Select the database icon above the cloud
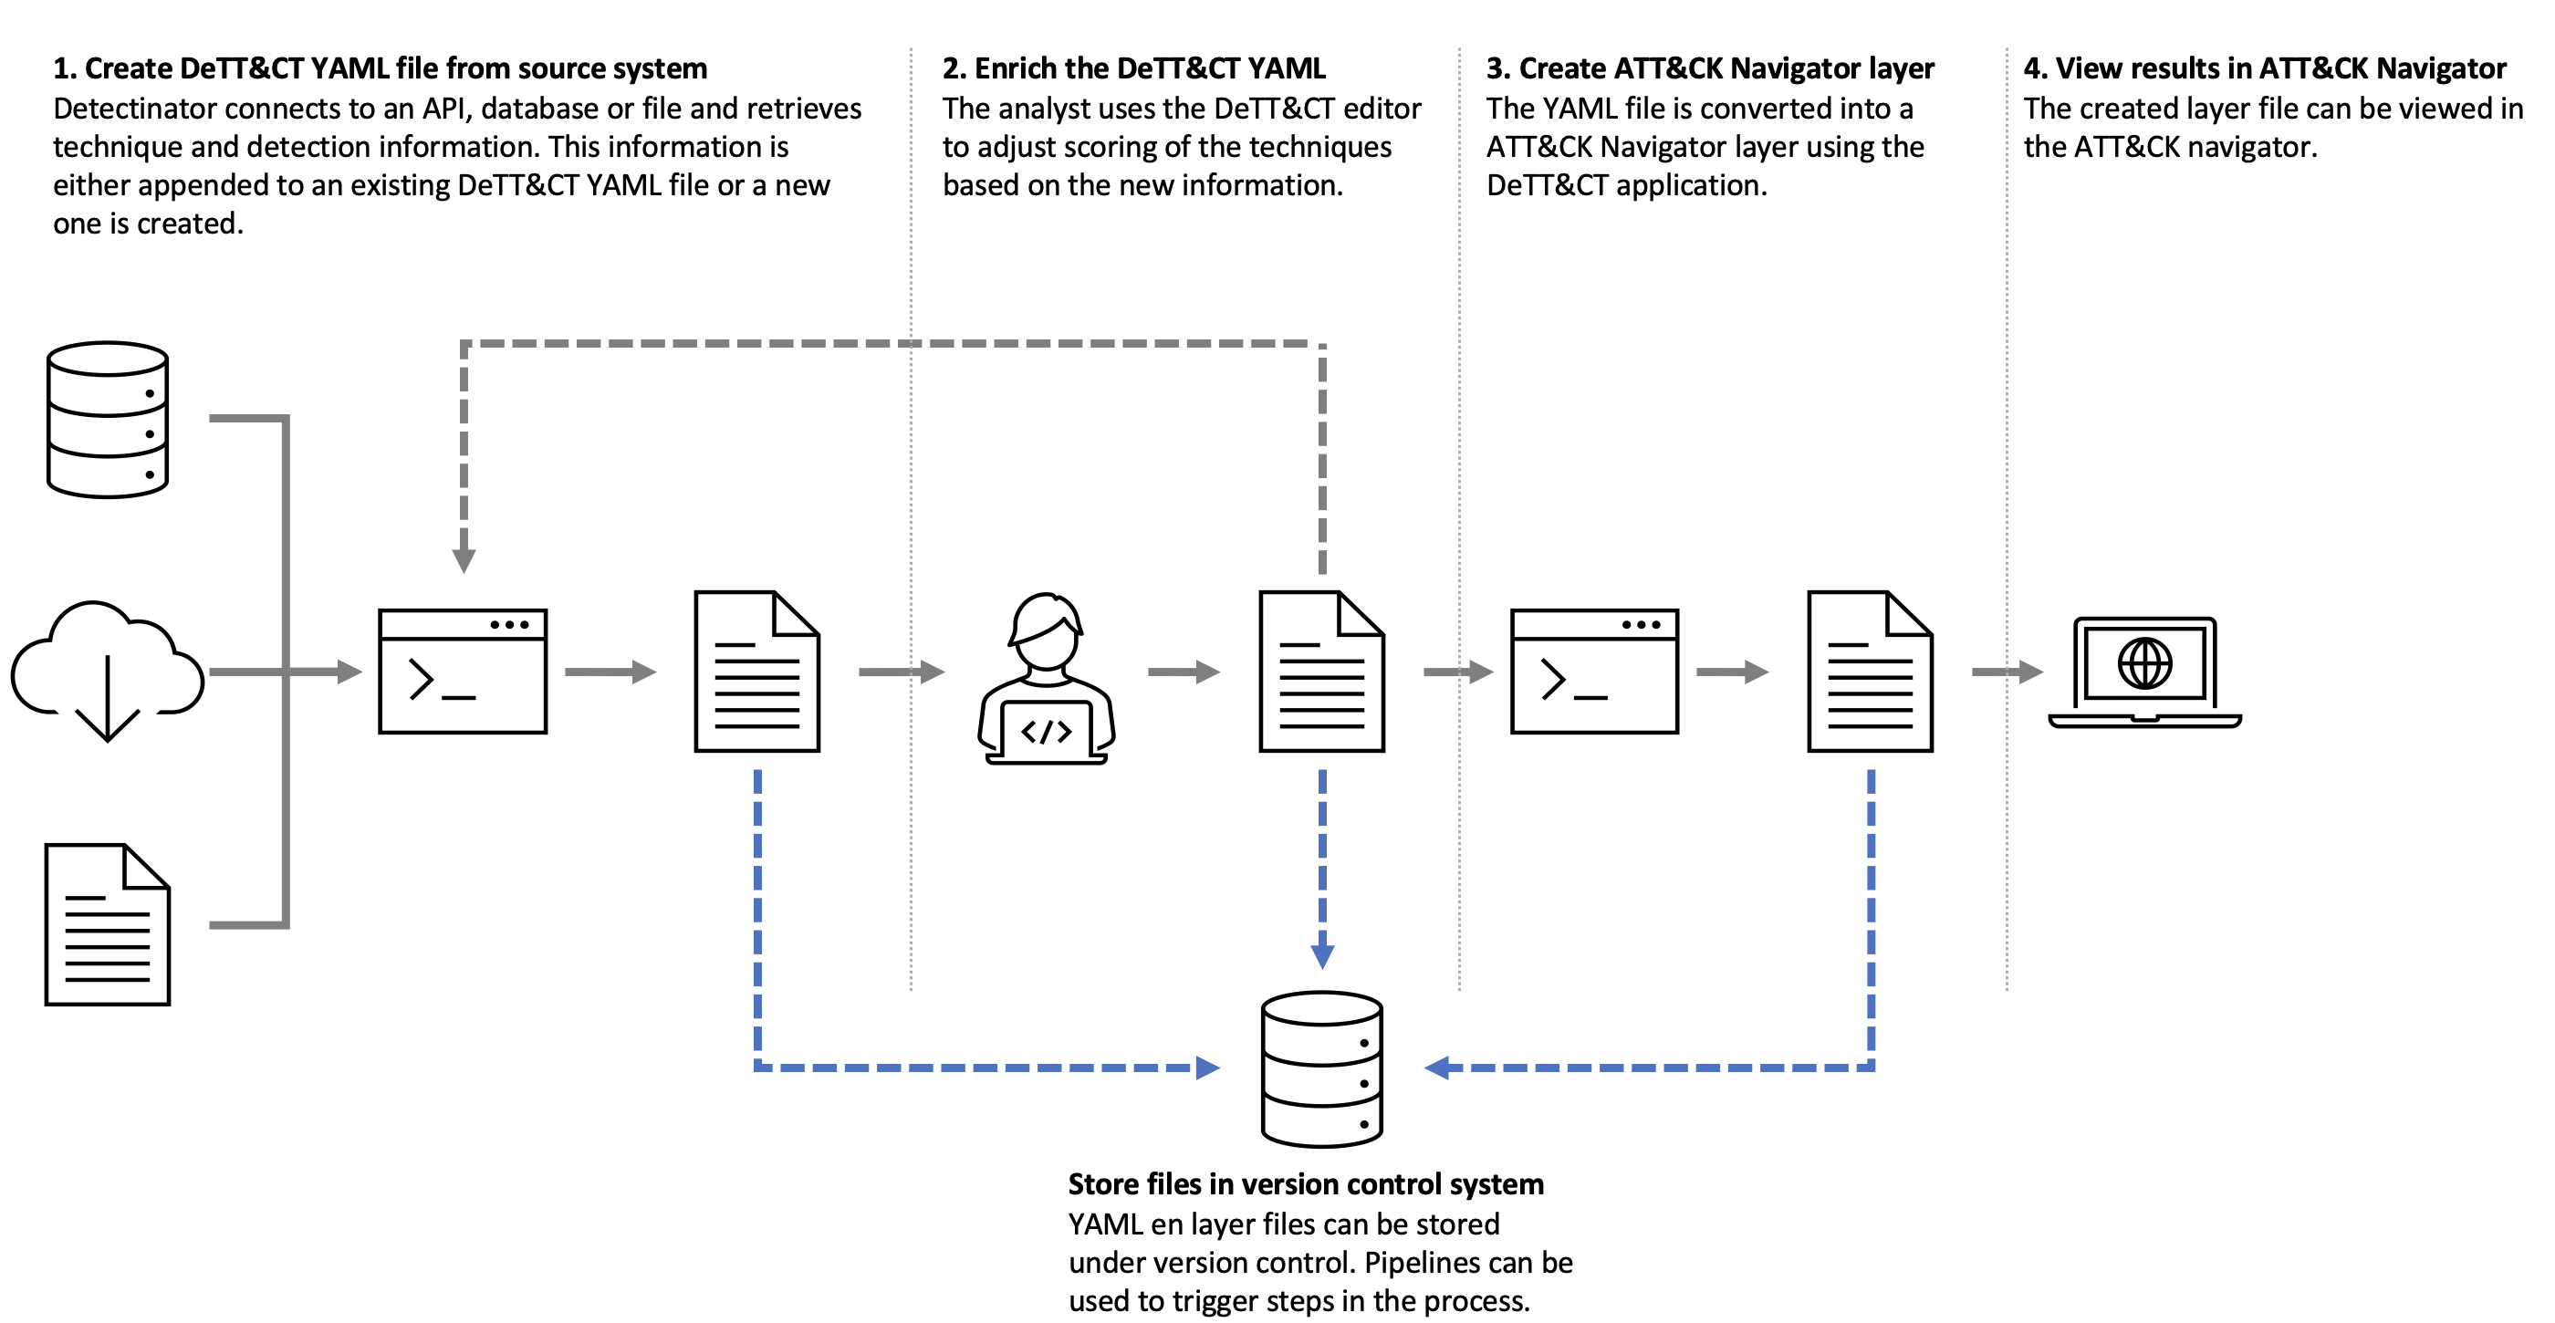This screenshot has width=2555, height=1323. click(x=107, y=420)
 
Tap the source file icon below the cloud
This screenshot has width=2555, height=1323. click(x=107, y=924)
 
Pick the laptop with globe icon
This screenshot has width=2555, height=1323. click(x=2144, y=672)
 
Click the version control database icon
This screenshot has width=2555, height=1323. click(x=1321, y=1068)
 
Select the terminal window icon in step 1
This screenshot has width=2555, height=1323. click(x=463, y=672)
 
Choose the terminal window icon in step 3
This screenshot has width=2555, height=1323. click(x=1594, y=672)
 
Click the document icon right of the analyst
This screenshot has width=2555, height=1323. click(x=1321, y=672)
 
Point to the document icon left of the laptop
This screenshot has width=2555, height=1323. click(x=1870, y=672)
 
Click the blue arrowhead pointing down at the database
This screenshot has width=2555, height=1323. click(x=1322, y=955)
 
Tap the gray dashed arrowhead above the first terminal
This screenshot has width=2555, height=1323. click(x=464, y=560)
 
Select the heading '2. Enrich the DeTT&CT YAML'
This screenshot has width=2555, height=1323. click(x=1132, y=68)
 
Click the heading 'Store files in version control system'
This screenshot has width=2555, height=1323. click(x=1305, y=1184)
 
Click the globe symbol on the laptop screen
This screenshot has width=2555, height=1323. click(x=2144, y=662)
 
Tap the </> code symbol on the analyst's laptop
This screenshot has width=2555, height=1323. click(x=1047, y=732)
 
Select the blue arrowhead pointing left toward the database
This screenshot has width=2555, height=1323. click(x=1437, y=1068)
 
